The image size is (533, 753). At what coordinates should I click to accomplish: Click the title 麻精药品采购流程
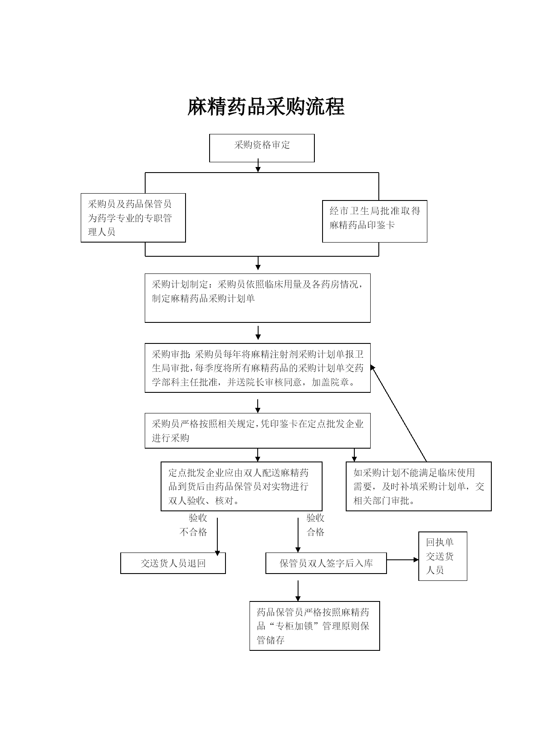pyautogui.click(x=266, y=107)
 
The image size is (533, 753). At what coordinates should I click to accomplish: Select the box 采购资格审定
pyautogui.click(x=262, y=148)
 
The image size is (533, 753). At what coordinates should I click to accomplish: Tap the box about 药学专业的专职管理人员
pyautogui.click(x=133, y=218)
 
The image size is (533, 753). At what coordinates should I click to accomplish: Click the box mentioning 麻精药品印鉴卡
pyautogui.click(x=375, y=221)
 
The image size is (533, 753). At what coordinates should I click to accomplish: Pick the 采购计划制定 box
pyautogui.click(x=258, y=298)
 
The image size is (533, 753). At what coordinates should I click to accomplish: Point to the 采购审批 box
pyautogui.click(x=258, y=368)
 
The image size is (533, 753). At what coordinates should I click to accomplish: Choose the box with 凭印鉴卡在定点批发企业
pyautogui.click(x=258, y=431)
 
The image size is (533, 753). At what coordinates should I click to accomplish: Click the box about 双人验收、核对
pyautogui.click(x=241, y=486)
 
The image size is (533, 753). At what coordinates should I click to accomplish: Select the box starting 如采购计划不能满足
pyautogui.click(x=419, y=486)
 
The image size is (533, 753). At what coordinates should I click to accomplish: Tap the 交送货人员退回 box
pyautogui.click(x=173, y=563)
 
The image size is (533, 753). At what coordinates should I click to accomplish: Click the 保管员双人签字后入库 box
pyautogui.click(x=326, y=563)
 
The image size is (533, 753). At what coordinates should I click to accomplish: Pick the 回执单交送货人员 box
pyautogui.click(x=443, y=556)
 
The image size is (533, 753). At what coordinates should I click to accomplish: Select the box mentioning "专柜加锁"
pyautogui.click(x=315, y=626)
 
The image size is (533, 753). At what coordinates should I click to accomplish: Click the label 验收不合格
pyautogui.click(x=194, y=525)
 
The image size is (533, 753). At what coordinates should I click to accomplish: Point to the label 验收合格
pyautogui.click(x=315, y=525)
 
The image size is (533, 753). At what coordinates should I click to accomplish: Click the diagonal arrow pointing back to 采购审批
pyautogui.click(x=399, y=413)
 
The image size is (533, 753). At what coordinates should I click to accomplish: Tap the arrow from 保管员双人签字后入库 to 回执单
pyautogui.click(x=403, y=560)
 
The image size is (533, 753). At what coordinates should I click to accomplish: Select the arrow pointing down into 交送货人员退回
pyautogui.click(x=217, y=537)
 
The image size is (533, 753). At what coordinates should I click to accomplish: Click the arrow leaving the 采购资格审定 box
pyautogui.click(x=258, y=165)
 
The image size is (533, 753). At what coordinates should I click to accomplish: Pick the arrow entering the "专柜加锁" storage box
pyautogui.click(x=298, y=591)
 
